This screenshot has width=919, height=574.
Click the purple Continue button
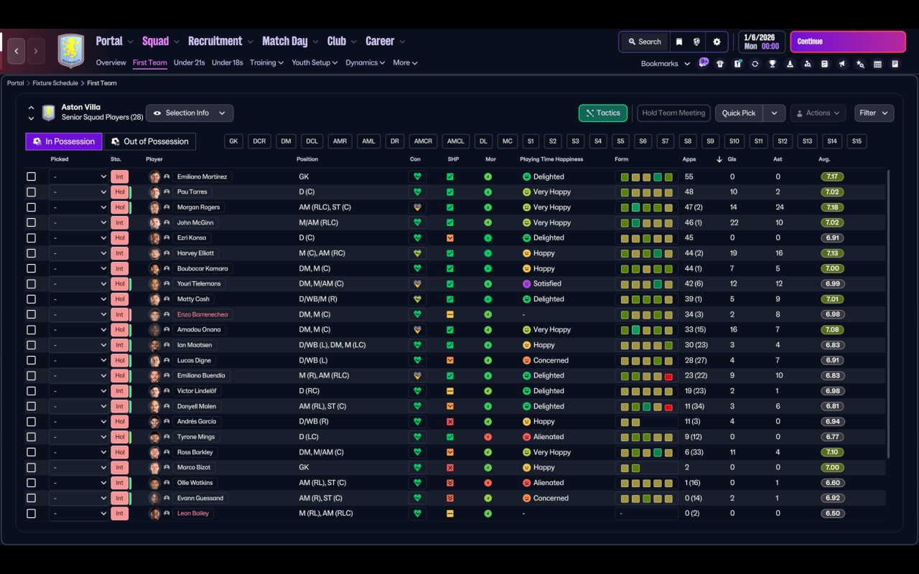[848, 42]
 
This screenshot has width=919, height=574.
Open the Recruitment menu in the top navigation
[215, 42]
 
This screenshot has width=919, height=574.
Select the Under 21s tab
[189, 62]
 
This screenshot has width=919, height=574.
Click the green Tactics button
[602, 113]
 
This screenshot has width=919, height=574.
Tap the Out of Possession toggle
[150, 141]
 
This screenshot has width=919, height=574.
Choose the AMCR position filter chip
[423, 141]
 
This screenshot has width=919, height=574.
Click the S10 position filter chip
[734, 141]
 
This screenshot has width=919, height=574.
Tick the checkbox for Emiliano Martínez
[31, 177]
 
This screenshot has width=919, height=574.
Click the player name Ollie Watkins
[195, 483]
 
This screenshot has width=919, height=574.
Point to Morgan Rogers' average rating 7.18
[832, 207]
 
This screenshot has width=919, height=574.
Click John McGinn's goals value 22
[734, 222]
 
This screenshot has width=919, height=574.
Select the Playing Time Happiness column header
[551, 159]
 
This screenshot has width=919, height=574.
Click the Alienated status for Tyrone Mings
[548, 437]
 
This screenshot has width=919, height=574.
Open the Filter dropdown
[874, 113]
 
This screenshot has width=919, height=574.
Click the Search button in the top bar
[645, 42]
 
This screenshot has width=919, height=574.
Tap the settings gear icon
[717, 42]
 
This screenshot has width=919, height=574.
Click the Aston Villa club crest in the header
[70, 50]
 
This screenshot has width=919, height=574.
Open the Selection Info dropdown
[190, 113]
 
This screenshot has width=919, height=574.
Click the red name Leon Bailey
[193, 513]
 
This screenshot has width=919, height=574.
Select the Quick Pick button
[739, 113]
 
